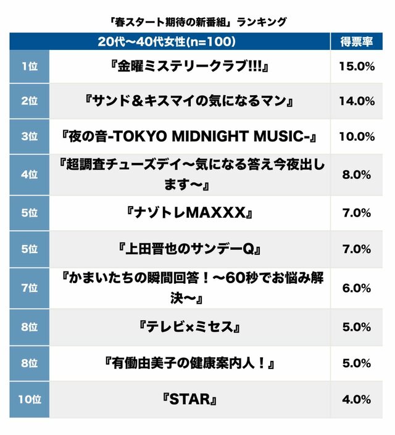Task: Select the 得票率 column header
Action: [x=356, y=42]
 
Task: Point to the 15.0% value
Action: [x=356, y=66]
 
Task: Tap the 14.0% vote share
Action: [x=356, y=101]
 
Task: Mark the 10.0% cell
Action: [x=356, y=136]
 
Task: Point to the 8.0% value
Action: [x=356, y=174]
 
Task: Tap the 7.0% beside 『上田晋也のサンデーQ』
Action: [x=356, y=249]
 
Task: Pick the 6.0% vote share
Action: [x=356, y=288]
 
